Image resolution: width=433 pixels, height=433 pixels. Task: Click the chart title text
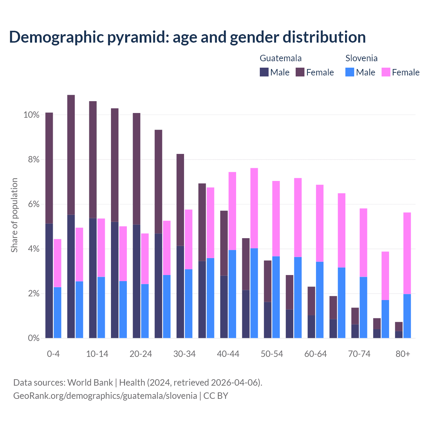coord(187,37)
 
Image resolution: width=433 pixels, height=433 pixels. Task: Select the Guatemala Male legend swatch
coord(264,72)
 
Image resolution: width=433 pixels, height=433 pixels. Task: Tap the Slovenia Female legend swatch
coord(386,72)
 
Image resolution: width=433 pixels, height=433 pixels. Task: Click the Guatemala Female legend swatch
coord(300,72)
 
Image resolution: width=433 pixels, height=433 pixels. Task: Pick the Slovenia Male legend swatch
coord(350,72)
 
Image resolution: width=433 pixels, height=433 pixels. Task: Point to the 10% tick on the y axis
coord(31,115)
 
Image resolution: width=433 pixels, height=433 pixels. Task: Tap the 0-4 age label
coord(53,354)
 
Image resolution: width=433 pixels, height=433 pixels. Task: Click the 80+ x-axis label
coord(403,354)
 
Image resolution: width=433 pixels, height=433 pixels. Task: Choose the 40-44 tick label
coord(228,354)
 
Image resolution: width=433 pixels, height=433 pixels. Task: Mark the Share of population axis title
coord(14,215)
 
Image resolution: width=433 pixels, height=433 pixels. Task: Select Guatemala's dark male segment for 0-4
coord(49,281)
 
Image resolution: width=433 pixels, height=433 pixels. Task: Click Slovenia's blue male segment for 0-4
coord(58,313)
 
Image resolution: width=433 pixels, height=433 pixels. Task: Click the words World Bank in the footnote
coord(90,383)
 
